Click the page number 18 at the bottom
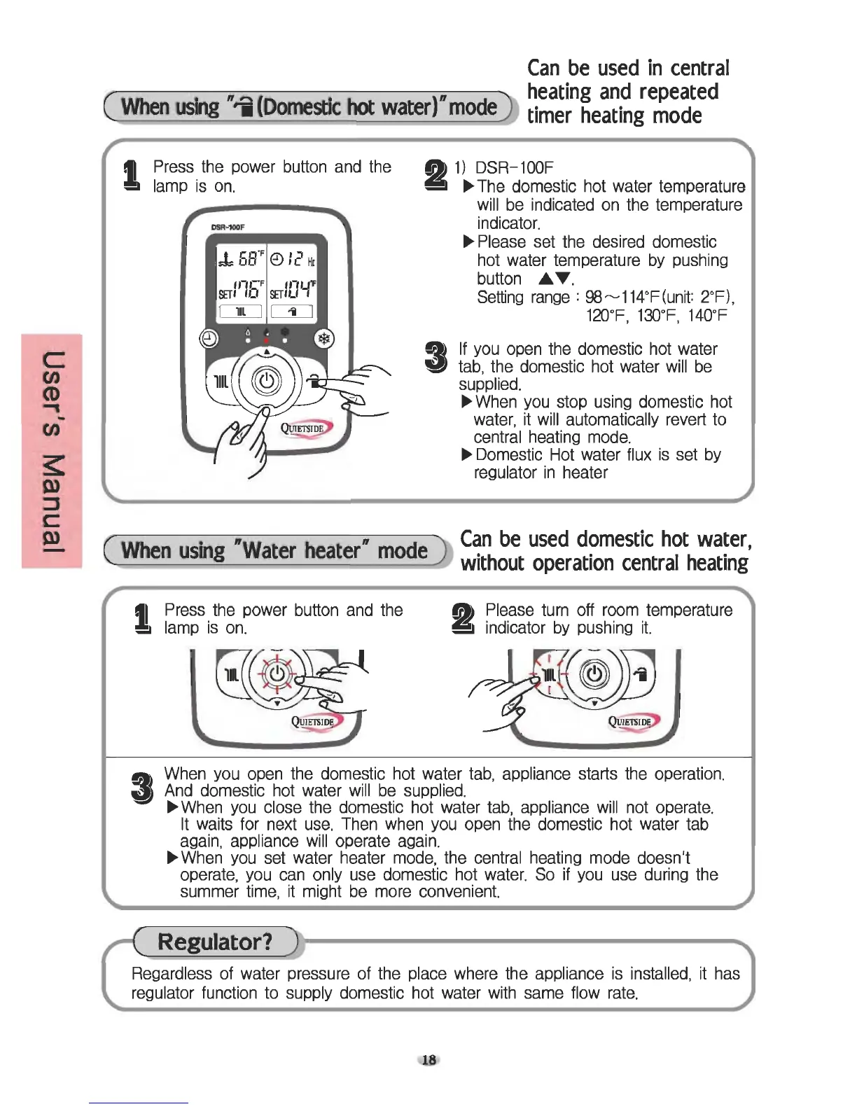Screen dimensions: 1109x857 [x=428, y=1060]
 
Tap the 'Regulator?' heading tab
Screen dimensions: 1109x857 [x=215, y=942]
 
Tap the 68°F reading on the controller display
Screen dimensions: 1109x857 [x=242, y=259]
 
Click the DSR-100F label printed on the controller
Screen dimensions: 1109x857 [x=227, y=227]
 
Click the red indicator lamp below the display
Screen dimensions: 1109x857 [x=266, y=340]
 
